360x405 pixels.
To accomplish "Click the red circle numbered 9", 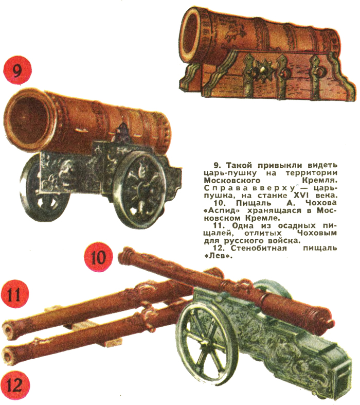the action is click(x=17, y=71).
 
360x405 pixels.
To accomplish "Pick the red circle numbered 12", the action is click(x=15, y=385).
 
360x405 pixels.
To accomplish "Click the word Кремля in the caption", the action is click(x=319, y=180).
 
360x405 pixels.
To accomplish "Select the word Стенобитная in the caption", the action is click(x=259, y=248).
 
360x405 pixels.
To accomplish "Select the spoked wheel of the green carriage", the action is click(x=204, y=341).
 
